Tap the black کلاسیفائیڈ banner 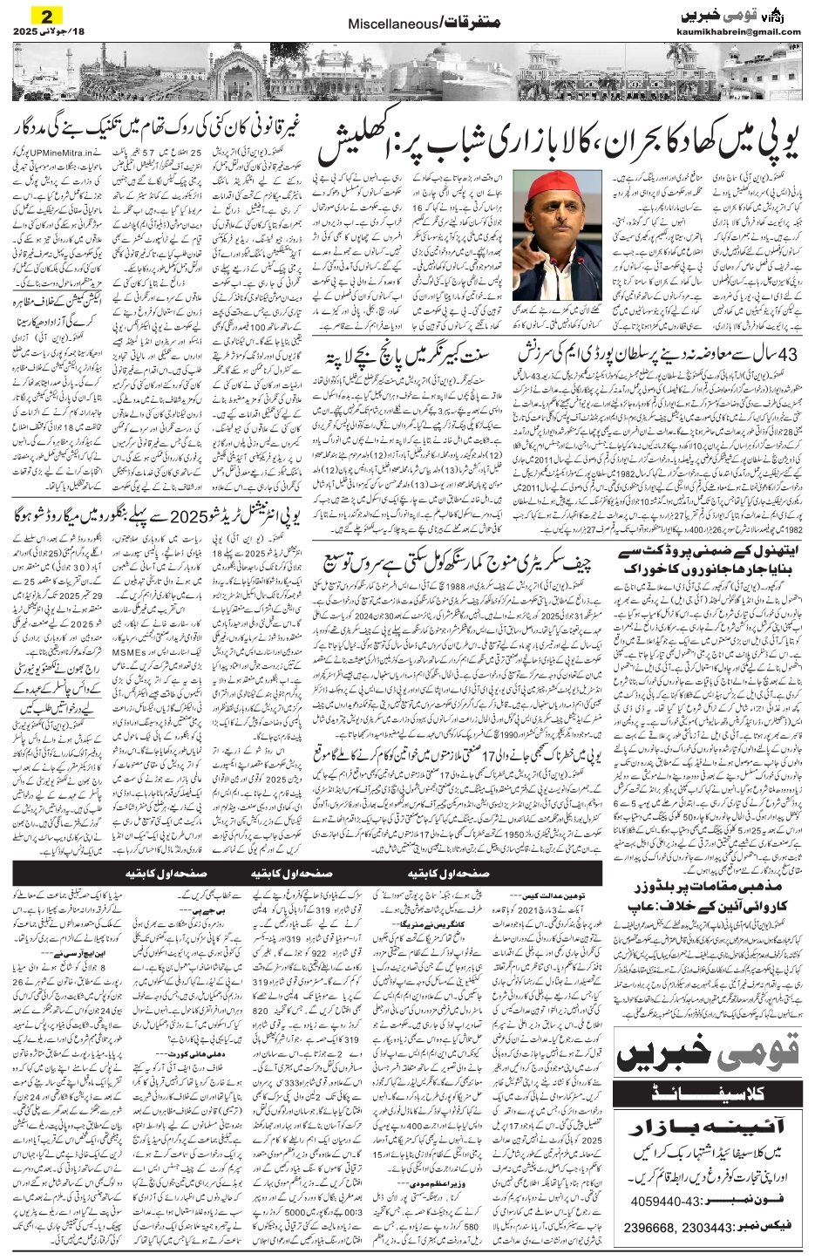(x=706, y=1090)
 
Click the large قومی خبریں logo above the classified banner (x=706, y=1054)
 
